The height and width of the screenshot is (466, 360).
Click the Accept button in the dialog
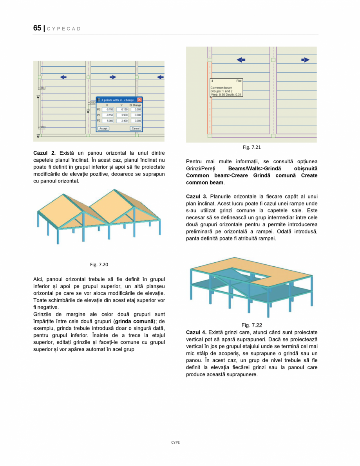(x=103, y=128)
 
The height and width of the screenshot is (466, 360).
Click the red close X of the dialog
(x=139, y=100)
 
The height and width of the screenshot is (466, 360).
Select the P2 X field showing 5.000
(x=110, y=121)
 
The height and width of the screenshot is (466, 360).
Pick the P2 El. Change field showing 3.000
(x=136, y=121)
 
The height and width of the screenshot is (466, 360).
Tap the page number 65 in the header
(x=37, y=28)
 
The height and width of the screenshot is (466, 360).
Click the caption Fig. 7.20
(x=99, y=265)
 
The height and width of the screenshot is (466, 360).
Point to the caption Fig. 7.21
(x=251, y=147)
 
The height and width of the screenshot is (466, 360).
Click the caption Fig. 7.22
(x=251, y=325)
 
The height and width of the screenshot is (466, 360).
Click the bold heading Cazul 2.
(x=44, y=153)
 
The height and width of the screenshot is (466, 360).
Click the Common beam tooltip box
(x=226, y=89)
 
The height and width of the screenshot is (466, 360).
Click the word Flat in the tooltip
(x=239, y=81)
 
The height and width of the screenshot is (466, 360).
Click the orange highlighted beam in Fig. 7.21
(x=208, y=98)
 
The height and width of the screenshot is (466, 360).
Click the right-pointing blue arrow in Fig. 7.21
(x=305, y=60)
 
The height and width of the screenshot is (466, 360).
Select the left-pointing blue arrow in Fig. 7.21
(x=241, y=60)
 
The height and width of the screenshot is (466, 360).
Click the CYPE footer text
(x=175, y=442)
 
